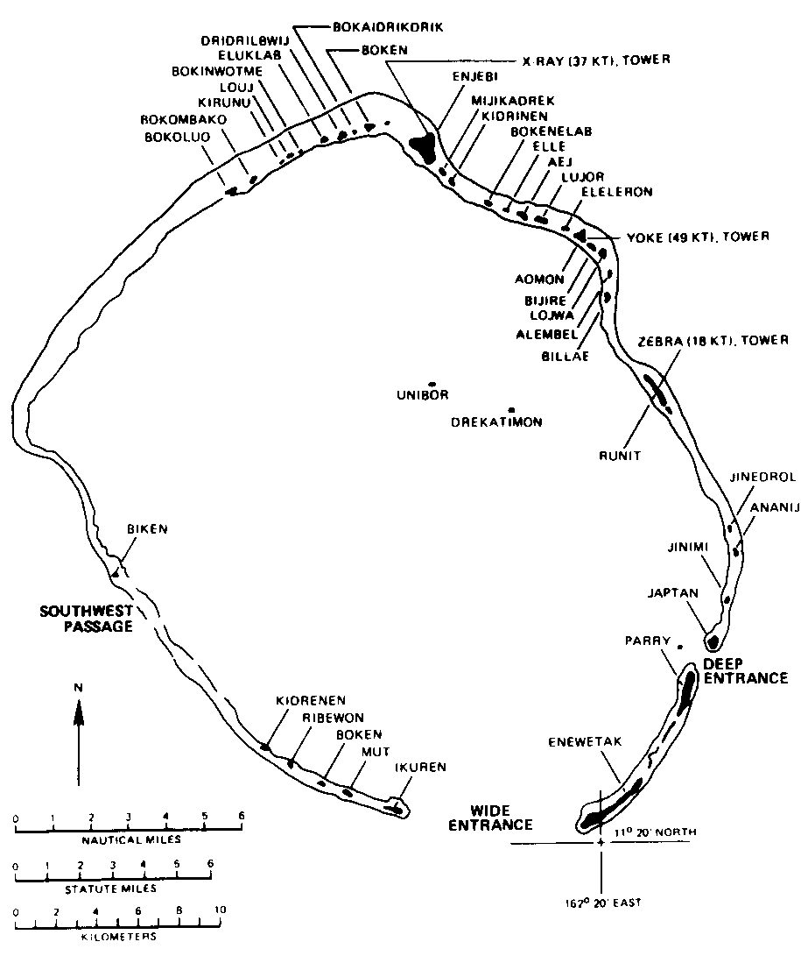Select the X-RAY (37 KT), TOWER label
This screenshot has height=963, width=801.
click(597, 60)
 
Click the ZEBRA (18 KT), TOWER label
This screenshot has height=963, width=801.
click(714, 340)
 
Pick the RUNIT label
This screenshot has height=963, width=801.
click(622, 456)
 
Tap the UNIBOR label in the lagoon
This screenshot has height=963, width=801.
click(424, 395)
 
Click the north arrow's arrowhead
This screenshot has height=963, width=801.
click(78, 716)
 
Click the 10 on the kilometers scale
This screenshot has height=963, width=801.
click(219, 910)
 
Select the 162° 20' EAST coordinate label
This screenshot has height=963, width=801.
click(601, 901)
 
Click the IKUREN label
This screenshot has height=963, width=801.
click(421, 768)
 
